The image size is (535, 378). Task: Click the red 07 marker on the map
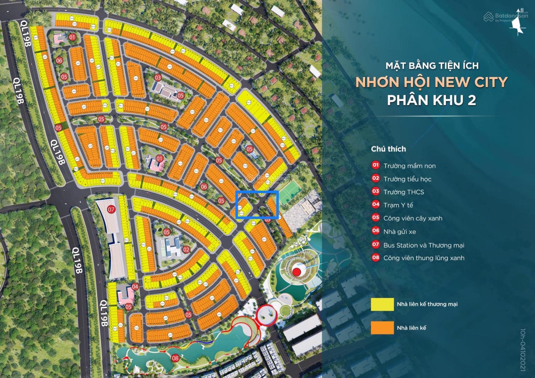click(x=111, y=210)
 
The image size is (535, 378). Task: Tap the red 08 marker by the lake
click(x=175, y=358)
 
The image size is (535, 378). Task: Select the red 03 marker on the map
click(x=158, y=78)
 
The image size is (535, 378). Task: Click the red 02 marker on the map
click(x=186, y=249)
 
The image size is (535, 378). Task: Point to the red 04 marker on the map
click(x=135, y=287)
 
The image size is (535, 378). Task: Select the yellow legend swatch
click(x=382, y=304)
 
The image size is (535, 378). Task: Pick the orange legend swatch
click(x=382, y=328)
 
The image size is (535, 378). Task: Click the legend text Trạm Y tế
click(x=398, y=205)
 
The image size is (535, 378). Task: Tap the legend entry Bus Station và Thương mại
click(x=424, y=245)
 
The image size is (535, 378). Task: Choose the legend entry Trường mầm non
click(x=409, y=166)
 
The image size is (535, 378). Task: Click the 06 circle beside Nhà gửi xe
click(x=376, y=231)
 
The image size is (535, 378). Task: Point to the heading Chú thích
click(x=388, y=149)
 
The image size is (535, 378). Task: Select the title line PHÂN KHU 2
click(x=431, y=100)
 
